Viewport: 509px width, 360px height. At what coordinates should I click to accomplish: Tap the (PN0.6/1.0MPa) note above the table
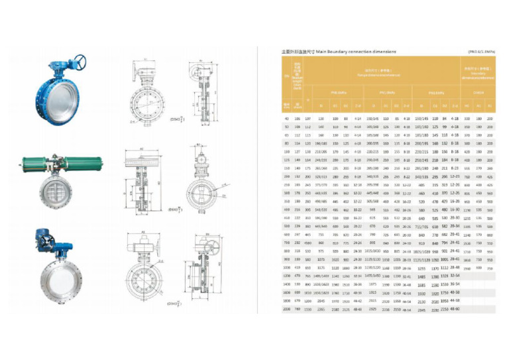tap(482, 50)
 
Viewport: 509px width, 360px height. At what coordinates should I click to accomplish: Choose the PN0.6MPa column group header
tap(335, 93)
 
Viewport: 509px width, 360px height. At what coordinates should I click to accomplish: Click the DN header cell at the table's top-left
tap(287, 76)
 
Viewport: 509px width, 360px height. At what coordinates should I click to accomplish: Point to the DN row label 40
tap(287, 117)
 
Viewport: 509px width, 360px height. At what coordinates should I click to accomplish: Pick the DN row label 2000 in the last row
tap(287, 308)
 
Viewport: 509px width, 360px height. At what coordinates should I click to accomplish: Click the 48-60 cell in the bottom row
tap(455, 308)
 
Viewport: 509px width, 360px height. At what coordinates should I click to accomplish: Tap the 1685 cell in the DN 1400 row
tap(422, 283)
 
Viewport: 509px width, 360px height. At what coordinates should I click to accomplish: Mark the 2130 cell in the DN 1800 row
tap(422, 300)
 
